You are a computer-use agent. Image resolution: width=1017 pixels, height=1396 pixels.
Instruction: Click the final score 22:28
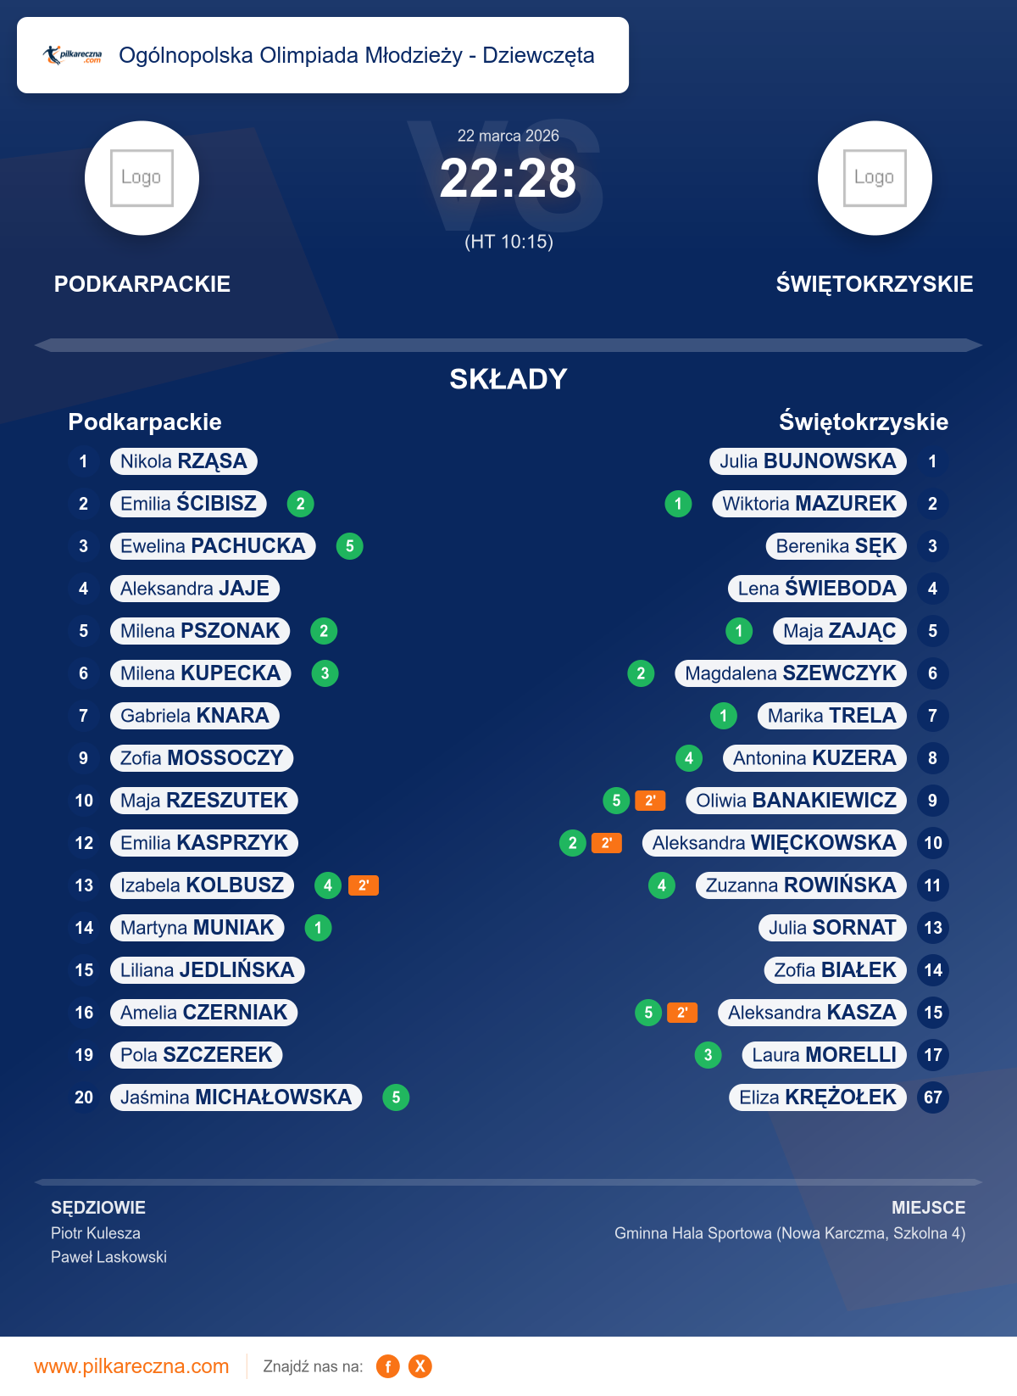tap(508, 179)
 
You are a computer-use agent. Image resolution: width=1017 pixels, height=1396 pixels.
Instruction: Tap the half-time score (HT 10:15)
tap(508, 242)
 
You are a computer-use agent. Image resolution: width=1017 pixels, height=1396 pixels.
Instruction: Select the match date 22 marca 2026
tap(508, 136)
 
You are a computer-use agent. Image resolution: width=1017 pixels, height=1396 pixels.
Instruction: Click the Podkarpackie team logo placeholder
tap(142, 178)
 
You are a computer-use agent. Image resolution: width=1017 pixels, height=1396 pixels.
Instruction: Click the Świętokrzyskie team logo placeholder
tap(875, 178)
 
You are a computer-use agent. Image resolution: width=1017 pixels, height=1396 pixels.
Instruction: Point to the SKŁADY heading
tap(508, 379)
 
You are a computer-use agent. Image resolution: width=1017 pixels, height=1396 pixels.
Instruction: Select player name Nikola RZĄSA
tap(183, 461)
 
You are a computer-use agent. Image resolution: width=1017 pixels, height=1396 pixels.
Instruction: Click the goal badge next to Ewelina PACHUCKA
tap(350, 546)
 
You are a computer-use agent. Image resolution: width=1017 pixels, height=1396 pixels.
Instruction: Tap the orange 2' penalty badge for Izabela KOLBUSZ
tap(364, 885)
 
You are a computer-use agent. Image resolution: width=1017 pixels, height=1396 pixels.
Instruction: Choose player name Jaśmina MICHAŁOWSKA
tap(236, 1097)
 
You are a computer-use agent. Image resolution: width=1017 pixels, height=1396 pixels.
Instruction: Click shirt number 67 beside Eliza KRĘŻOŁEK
tap(933, 1097)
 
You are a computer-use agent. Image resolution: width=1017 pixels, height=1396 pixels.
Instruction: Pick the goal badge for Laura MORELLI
tap(708, 1055)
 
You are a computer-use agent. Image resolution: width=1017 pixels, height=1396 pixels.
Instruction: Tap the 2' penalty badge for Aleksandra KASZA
tap(682, 1013)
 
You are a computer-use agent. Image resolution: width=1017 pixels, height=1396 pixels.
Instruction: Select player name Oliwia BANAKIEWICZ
tap(796, 801)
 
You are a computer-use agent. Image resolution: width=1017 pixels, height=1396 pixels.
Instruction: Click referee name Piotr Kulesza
tap(96, 1233)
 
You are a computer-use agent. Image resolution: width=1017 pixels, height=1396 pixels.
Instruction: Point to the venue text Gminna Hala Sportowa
tap(790, 1233)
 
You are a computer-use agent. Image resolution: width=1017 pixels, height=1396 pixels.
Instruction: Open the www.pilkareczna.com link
tap(131, 1366)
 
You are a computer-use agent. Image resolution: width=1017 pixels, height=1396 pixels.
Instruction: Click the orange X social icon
tap(420, 1366)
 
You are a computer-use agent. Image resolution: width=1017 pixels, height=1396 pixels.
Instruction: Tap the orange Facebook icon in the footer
tap(388, 1366)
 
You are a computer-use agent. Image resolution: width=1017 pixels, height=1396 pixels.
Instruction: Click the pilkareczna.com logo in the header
tap(73, 55)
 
